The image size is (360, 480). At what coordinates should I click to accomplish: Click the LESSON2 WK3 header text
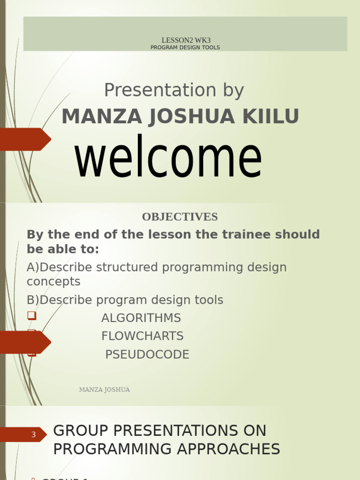186,40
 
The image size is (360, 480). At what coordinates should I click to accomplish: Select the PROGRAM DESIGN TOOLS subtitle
185,47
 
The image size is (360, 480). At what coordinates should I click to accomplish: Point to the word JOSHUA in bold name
192,117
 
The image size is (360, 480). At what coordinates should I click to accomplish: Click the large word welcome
168,156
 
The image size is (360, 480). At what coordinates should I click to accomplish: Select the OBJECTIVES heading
180,217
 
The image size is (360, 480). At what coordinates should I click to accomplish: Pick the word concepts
53,282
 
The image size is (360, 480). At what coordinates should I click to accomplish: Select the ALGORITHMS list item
141,318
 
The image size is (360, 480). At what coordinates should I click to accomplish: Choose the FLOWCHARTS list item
142,336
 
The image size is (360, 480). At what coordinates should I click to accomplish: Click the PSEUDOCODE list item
147,354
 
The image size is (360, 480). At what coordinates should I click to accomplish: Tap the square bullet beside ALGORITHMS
32,315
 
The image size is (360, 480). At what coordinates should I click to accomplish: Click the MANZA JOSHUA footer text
105,390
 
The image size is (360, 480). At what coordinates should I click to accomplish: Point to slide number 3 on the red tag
33,435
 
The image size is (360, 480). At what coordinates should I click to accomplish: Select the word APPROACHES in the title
228,449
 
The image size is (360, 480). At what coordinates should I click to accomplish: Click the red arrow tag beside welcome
24,139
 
